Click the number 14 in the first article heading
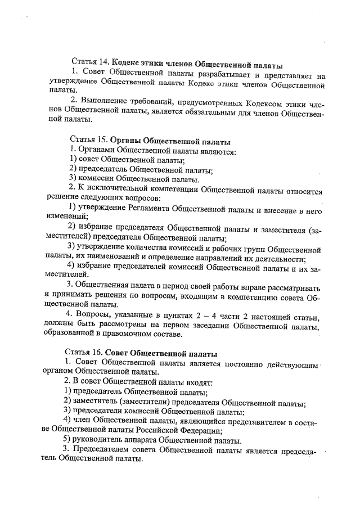[104, 61]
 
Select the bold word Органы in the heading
[126, 140]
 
